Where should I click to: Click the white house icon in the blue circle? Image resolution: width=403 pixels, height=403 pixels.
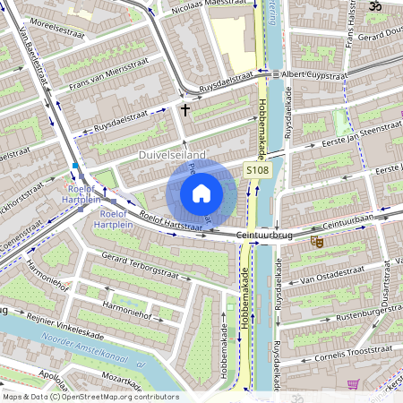201,193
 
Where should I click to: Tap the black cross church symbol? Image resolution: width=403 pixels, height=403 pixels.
185,110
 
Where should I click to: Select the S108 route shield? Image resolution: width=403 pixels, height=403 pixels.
258,170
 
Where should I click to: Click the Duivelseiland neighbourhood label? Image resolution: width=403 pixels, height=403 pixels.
172,156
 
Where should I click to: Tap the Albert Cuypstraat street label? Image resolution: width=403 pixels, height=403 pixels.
313,74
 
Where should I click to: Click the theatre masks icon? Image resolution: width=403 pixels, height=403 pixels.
316,241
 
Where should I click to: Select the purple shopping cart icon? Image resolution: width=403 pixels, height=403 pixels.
353,384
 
